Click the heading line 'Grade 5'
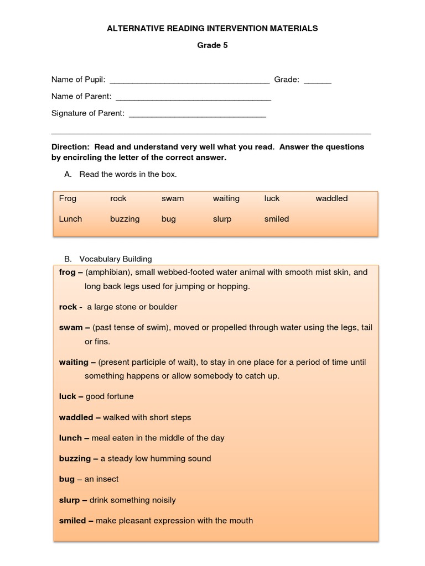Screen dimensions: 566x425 pos(212,45)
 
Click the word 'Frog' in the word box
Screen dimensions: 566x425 pos(68,198)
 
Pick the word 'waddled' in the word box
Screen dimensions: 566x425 pos(331,198)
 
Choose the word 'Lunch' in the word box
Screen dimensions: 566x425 pos(70,219)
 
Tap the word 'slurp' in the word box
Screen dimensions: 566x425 pos(222,219)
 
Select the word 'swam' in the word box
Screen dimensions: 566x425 pos(173,198)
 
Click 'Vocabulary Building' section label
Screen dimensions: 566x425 pos(116,259)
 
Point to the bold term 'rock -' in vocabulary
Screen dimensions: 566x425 pos(71,307)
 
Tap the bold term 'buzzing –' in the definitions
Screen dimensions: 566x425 pos(79,458)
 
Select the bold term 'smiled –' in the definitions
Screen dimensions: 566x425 pos(76,520)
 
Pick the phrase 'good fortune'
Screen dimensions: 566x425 pos(110,396)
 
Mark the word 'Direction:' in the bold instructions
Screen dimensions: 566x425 pos(71,147)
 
